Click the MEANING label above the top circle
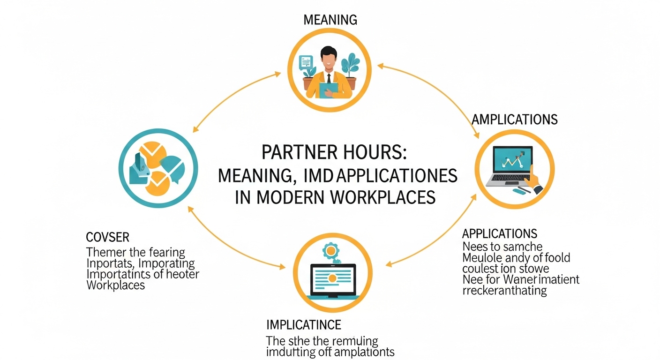(x=330, y=20)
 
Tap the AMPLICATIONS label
(x=515, y=119)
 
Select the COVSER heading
(x=107, y=236)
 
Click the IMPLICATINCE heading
(x=303, y=324)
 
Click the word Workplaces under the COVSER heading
(x=116, y=285)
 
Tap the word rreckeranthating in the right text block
(x=504, y=290)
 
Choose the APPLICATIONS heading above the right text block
(x=499, y=233)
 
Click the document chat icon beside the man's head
(x=306, y=61)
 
